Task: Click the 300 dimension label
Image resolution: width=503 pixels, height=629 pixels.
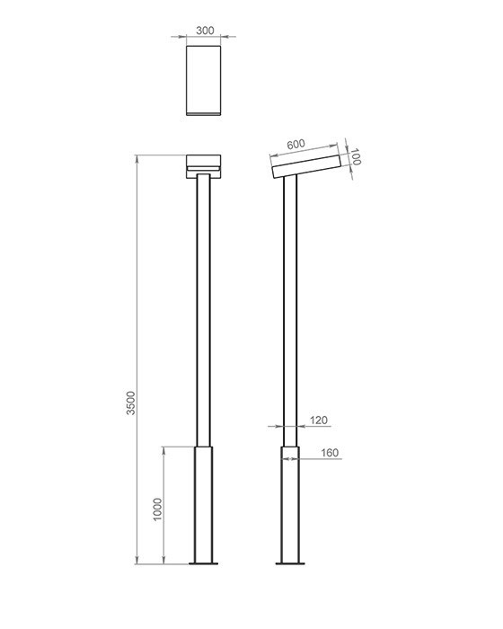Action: point(205,31)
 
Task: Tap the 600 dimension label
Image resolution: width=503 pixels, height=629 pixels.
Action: point(296,144)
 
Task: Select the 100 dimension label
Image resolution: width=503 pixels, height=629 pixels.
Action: point(356,156)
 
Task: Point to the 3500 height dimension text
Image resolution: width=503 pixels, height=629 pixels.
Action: point(131,403)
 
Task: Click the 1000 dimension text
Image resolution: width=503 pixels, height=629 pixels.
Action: point(158,509)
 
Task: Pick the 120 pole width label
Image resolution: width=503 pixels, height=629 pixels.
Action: point(319,421)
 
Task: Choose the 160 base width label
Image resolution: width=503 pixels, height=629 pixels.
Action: point(330,453)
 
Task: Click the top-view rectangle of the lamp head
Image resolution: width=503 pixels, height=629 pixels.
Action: point(203,80)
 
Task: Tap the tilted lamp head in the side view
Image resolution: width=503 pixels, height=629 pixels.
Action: point(306,166)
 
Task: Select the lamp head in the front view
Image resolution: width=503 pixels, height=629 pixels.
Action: point(203,166)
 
